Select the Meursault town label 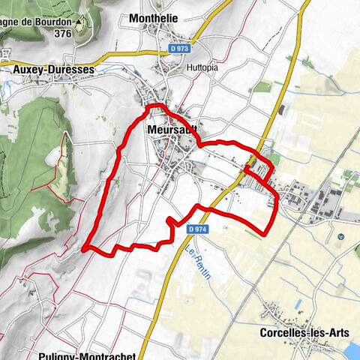pos(172,130)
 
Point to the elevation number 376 pos(62,33)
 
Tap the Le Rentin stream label pos(198,264)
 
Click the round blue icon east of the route pos(340,237)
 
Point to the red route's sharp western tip pos(84,246)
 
